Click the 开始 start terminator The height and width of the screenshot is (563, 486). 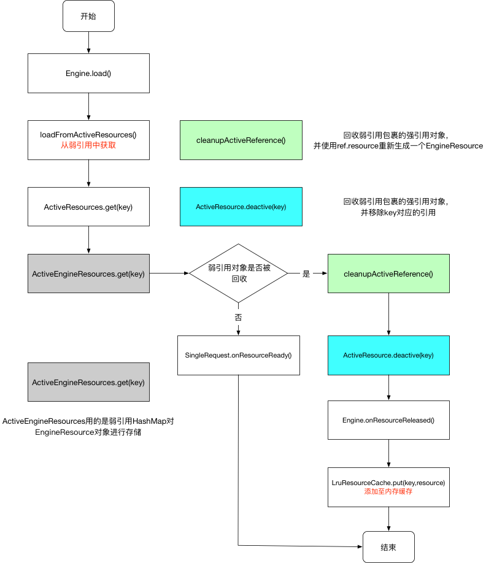[x=88, y=17]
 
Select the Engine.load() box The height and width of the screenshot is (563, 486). [x=88, y=73]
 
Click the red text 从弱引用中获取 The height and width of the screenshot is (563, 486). [x=88, y=146]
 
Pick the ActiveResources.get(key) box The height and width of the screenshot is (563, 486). [x=88, y=207]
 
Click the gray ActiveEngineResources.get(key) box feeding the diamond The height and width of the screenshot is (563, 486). [x=88, y=274]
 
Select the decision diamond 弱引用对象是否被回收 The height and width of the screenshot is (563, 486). [x=238, y=274]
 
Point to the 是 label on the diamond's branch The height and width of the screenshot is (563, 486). [x=306, y=274]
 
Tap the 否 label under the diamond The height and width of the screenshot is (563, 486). [x=238, y=318]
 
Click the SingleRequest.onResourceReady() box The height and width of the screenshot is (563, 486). [x=238, y=355]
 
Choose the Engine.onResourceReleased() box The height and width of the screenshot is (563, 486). [x=388, y=420]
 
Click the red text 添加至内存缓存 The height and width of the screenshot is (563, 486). [x=388, y=492]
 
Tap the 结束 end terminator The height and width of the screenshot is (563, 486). [x=388, y=546]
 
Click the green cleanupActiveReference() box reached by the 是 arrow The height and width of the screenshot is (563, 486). [x=388, y=274]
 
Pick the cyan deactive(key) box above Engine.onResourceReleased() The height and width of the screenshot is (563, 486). [x=388, y=355]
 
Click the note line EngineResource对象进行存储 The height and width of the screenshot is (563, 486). [x=88, y=433]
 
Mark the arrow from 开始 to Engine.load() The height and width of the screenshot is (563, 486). [x=88, y=42]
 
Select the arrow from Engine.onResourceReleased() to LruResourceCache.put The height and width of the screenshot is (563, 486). [x=388, y=453]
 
